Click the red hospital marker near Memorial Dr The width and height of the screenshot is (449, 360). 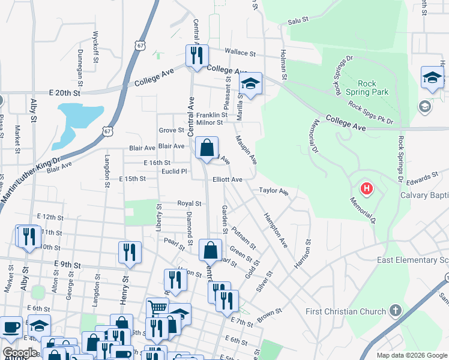click(366, 190)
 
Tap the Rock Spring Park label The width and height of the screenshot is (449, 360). click(373, 88)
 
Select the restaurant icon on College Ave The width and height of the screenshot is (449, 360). click(197, 56)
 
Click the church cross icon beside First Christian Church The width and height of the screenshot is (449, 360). click(395, 311)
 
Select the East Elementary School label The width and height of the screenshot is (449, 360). click(412, 260)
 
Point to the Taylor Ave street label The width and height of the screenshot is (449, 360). click(274, 191)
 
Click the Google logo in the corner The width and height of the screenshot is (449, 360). click(20, 353)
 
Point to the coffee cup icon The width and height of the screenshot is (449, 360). click(11, 328)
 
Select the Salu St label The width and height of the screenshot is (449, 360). click(298, 20)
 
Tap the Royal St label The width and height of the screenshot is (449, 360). click(189, 203)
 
